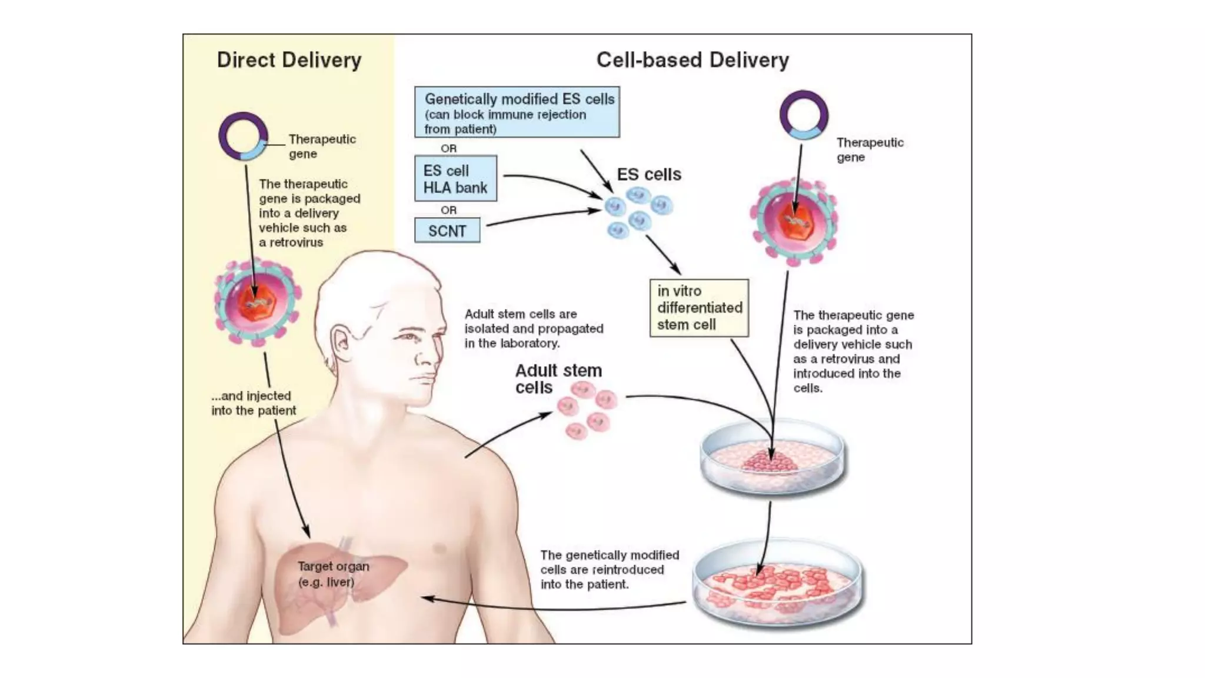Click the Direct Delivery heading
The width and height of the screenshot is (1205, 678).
click(x=289, y=60)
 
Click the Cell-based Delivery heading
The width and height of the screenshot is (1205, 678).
click(x=692, y=60)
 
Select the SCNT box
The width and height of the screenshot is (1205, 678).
click(x=447, y=231)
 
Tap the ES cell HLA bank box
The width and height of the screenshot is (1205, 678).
click(x=455, y=179)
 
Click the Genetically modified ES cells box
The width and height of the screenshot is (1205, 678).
click(x=517, y=112)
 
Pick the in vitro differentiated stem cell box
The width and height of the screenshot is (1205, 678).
click(x=699, y=308)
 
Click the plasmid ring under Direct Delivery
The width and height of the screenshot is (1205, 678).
click(x=243, y=137)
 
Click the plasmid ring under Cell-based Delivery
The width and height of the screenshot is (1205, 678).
click(x=804, y=115)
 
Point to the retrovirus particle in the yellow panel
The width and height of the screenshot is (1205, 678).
click(x=257, y=303)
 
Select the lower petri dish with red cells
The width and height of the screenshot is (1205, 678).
click(x=777, y=582)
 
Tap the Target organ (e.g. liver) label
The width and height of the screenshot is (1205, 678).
click(x=333, y=574)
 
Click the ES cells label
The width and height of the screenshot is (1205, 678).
click(x=649, y=174)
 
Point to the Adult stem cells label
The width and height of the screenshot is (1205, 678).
click(x=558, y=378)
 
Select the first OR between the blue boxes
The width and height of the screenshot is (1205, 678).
click(x=448, y=148)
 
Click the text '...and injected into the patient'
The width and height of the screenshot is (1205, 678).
click(x=254, y=403)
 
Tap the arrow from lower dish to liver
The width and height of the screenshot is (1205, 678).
click(x=553, y=606)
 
